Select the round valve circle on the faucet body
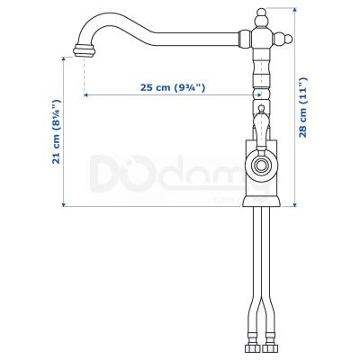click(261, 166)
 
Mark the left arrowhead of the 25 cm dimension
click(85, 94)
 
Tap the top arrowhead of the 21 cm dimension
click(62, 58)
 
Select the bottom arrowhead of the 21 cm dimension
click(62, 204)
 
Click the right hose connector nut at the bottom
click(272, 346)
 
